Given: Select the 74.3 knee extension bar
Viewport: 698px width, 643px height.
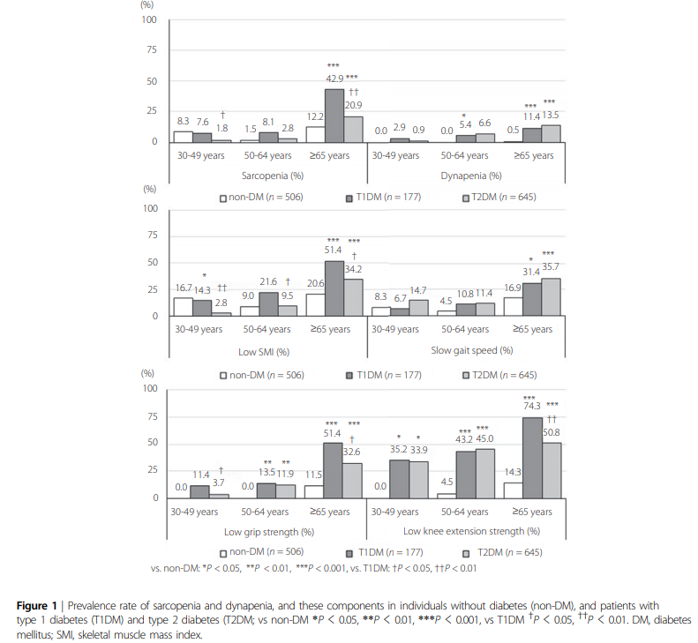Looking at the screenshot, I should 532,458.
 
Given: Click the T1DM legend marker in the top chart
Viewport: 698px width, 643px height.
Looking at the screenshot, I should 350,197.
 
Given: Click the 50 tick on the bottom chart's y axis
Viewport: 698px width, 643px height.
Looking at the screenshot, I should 153,443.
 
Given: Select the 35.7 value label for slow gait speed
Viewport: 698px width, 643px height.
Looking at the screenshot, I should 552,265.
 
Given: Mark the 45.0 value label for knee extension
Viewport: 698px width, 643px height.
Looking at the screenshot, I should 484,438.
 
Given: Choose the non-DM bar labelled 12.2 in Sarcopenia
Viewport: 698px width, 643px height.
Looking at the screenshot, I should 314,134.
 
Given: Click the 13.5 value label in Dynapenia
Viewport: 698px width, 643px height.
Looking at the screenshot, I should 551,114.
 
